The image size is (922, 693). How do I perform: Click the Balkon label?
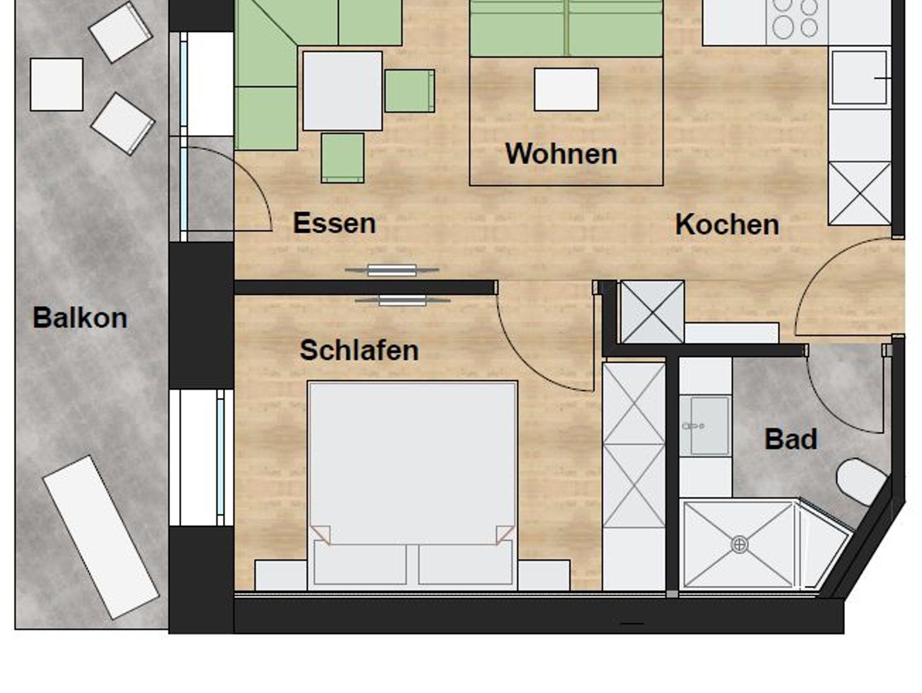pos(80,318)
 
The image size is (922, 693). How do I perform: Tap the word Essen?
pos(334,223)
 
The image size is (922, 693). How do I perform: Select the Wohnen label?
pos(561,154)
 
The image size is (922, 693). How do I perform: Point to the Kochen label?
pos(727,224)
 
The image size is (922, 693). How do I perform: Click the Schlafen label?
pos(359,350)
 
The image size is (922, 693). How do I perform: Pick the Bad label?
pos(791,439)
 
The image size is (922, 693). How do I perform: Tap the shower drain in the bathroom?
pos(739,545)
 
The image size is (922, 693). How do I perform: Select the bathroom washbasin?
pos(705,426)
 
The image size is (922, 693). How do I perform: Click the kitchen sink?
pos(859,78)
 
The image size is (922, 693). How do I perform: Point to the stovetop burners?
pos(796,19)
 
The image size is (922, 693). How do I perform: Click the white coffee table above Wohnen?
pos(566,89)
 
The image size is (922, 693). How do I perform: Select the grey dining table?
pos(343,91)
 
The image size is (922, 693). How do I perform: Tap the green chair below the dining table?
pos(343,158)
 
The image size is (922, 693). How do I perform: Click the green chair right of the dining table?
pos(410,91)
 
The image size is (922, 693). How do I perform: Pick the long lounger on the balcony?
pos(101,538)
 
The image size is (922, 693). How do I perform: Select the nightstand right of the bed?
pos(544,575)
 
